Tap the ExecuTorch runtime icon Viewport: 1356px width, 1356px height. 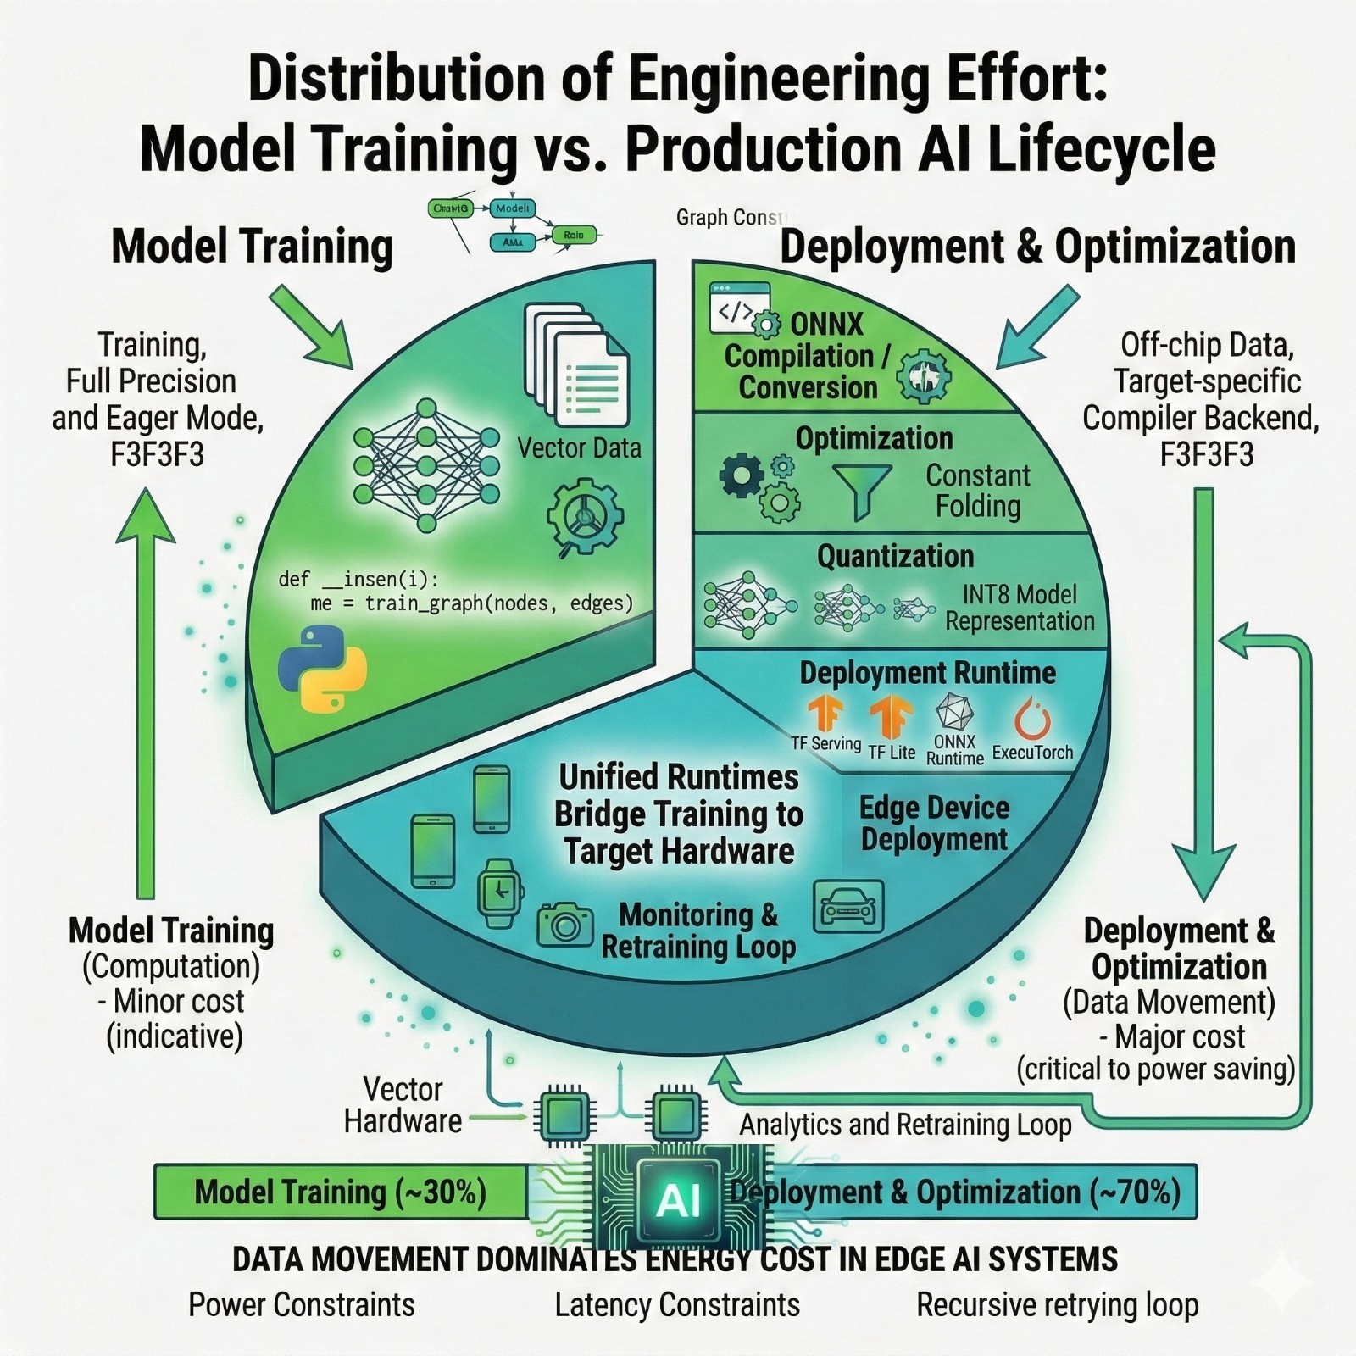[1032, 720]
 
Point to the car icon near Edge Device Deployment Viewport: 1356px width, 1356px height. [848, 905]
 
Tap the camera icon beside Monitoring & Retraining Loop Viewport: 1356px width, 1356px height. [565, 924]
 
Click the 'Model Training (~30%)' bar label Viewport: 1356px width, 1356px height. [341, 1192]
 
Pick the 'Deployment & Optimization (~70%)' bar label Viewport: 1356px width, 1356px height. [955, 1192]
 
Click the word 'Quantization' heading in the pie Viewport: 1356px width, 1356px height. [895, 557]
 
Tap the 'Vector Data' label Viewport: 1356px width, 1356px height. [580, 447]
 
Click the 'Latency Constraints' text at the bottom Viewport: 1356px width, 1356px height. [677, 1305]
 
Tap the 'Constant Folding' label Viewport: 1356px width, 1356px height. [978, 491]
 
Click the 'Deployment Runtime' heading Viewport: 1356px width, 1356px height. [928, 673]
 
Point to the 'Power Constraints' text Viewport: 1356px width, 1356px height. [302, 1305]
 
